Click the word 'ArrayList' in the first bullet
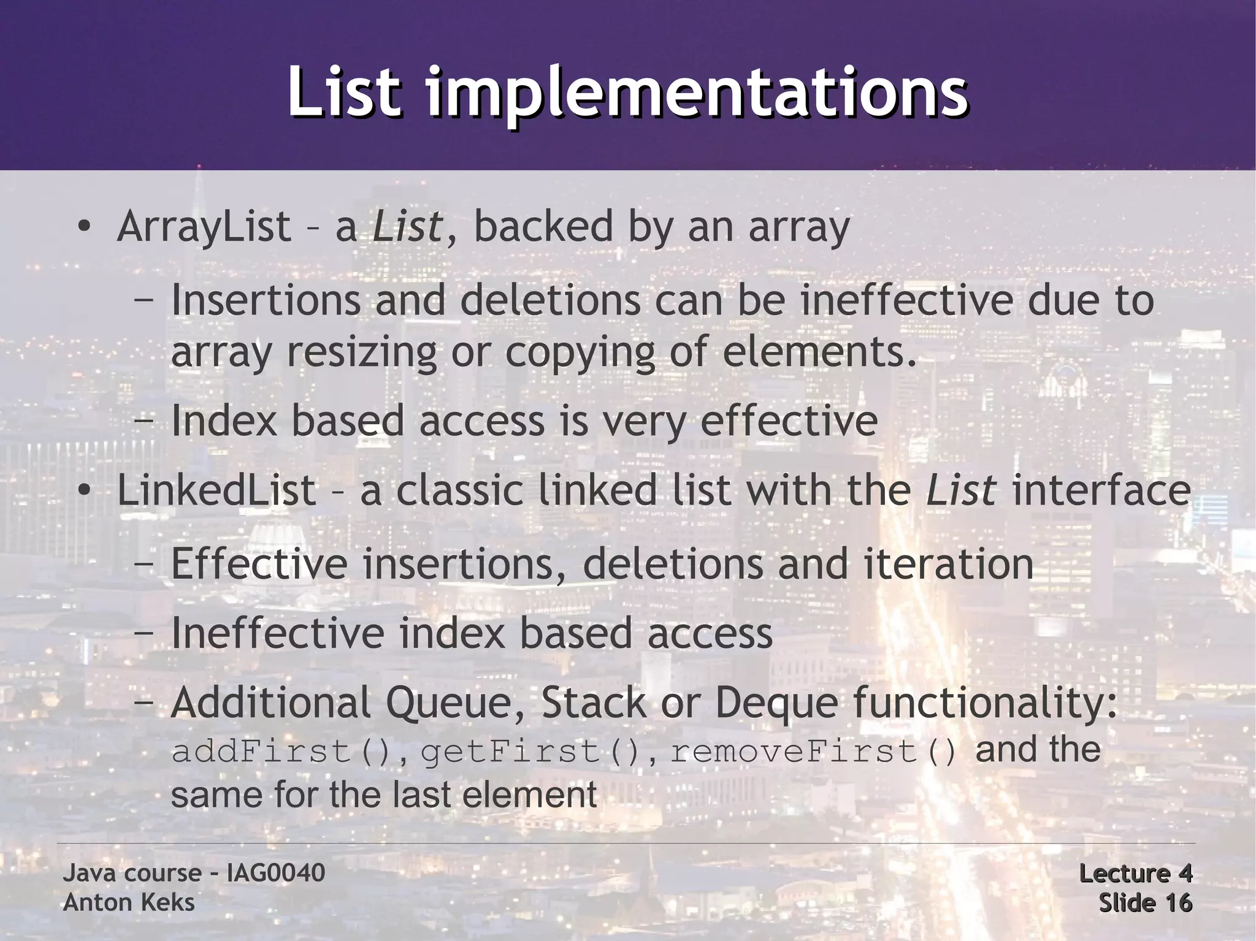click(204, 226)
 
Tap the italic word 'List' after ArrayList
click(407, 226)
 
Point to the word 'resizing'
click(361, 352)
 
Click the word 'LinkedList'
click(216, 490)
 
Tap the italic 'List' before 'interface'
click(960, 490)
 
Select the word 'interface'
click(1101, 490)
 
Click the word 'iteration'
click(949, 564)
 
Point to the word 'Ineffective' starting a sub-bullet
click(278, 633)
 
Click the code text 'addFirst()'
click(281, 752)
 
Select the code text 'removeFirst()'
click(813, 752)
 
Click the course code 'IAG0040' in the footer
click(275, 873)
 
